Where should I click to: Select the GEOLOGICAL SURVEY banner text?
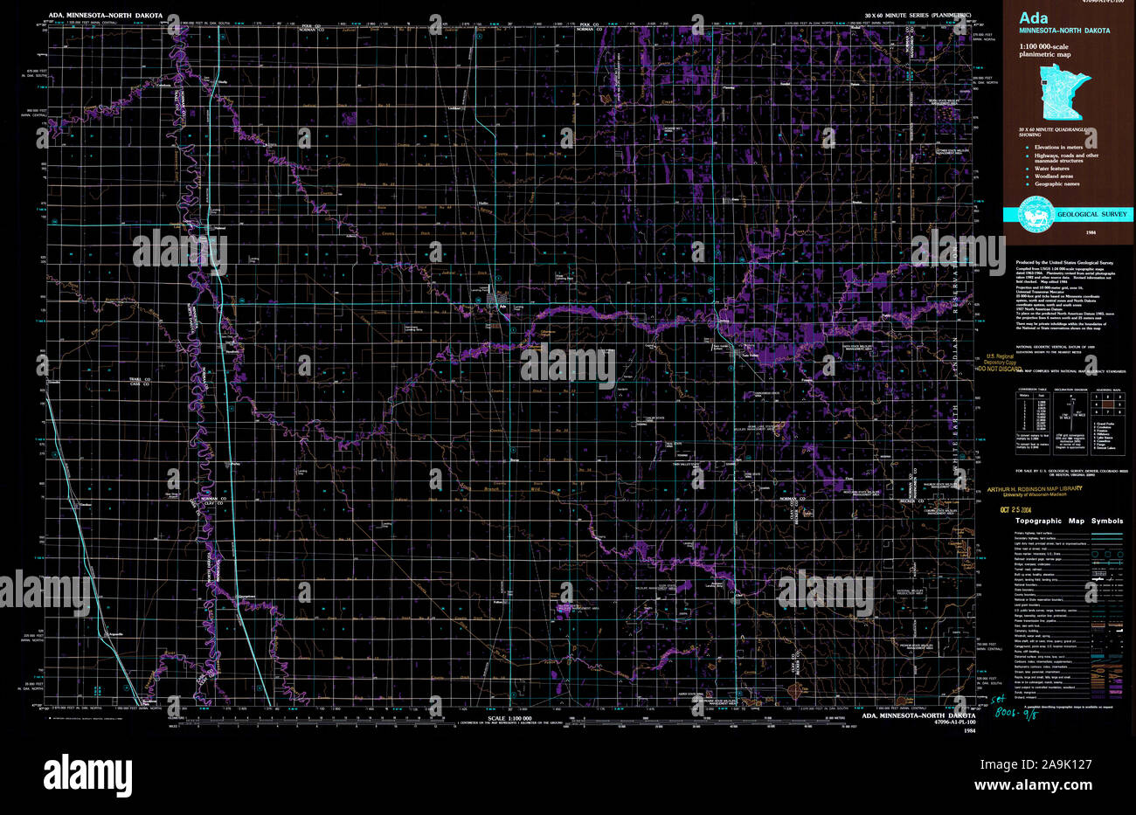(x=1092, y=215)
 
